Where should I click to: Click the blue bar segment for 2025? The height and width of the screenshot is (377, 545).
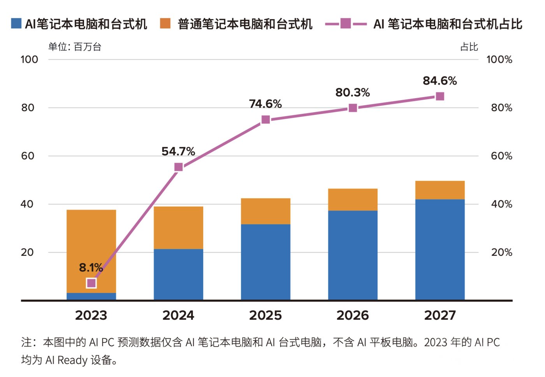point(265,262)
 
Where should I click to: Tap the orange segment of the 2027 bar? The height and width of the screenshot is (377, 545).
point(440,190)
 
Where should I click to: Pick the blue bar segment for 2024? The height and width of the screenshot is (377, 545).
point(178,274)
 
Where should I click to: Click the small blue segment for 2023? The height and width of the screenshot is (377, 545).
point(91,296)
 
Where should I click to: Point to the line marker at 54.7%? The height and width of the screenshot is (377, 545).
point(178,167)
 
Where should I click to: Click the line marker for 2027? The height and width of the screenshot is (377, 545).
point(440,96)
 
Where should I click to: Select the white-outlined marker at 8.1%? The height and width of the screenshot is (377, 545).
point(91,283)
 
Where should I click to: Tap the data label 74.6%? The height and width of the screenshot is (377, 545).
point(265,104)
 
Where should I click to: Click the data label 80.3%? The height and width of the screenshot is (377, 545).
point(353,93)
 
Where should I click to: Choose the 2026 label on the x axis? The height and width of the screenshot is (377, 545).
point(353,315)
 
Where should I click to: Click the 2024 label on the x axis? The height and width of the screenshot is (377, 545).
point(178,315)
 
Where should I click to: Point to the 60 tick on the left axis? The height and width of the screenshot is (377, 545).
point(28,156)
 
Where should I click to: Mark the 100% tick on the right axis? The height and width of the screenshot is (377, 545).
point(499,60)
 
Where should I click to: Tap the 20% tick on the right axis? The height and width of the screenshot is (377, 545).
point(501,252)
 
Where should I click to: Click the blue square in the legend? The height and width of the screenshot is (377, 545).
point(16,23)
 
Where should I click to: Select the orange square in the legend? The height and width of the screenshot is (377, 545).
point(165,23)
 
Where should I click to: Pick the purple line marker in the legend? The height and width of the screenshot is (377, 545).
point(346,23)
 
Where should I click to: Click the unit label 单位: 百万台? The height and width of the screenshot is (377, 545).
point(75,47)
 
